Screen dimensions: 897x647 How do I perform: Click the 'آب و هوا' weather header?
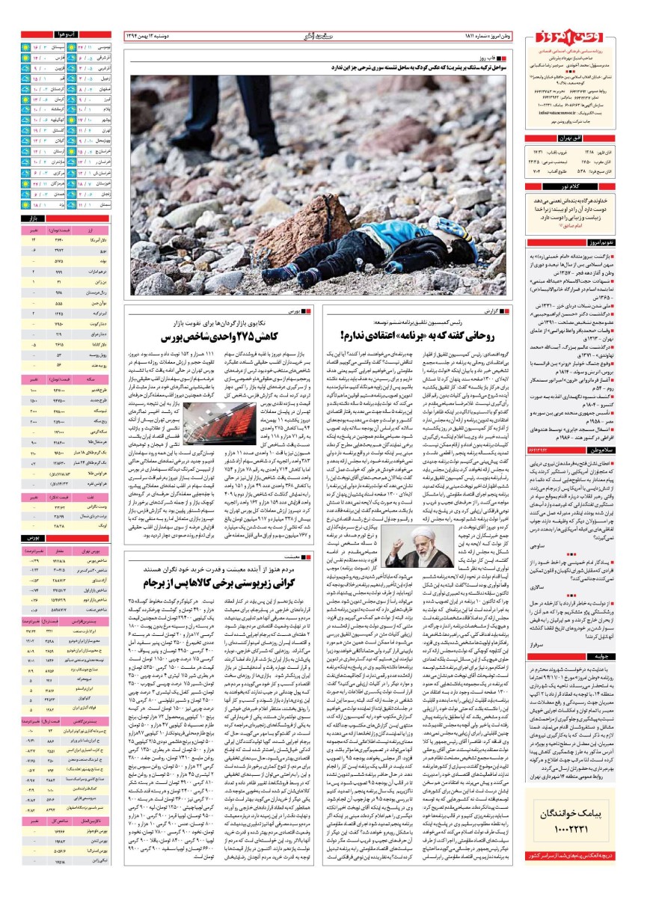pyautogui.click(x=63, y=34)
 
